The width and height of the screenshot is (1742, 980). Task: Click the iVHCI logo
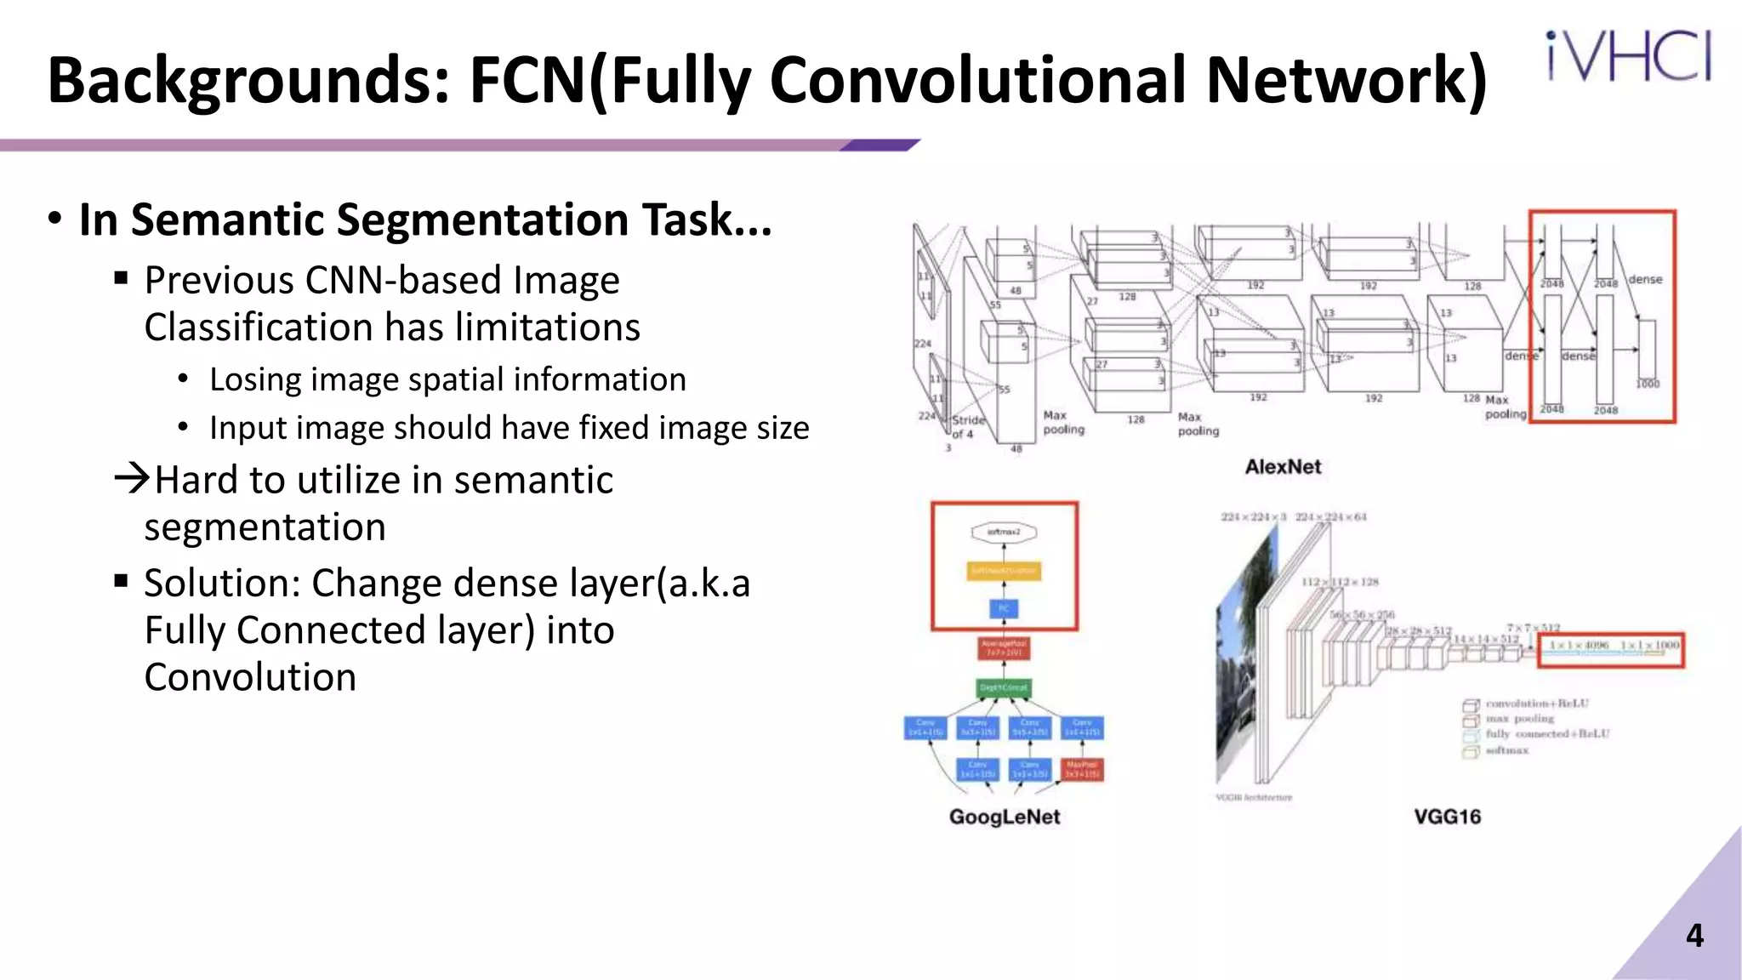click(x=1628, y=56)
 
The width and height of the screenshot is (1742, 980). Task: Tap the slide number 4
click(x=1694, y=936)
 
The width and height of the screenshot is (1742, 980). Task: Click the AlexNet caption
click(x=1283, y=467)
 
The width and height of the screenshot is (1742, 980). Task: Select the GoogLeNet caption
click(x=1005, y=817)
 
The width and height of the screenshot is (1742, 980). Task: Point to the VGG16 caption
click(x=1447, y=817)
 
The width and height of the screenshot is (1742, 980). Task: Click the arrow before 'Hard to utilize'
click(x=132, y=478)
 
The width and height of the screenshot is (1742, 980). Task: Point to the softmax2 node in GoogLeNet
click(x=1004, y=533)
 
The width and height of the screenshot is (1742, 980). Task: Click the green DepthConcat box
click(x=1004, y=687)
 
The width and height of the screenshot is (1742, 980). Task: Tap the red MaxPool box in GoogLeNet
click(x=1082, y=769)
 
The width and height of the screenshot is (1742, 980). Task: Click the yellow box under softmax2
click(x=1004, y=571)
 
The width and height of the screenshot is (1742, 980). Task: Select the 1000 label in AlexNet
click(x=1648, y=384)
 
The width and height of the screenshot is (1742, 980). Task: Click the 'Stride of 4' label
click(x=966, y=427)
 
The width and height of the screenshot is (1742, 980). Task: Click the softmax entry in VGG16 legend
click(x=1506, y=750)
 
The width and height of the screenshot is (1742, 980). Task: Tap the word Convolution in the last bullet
click(x=250, y=678)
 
